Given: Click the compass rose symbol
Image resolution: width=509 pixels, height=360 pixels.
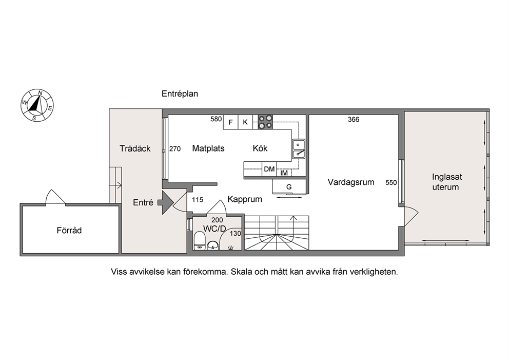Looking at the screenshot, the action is click(x=37, y=105).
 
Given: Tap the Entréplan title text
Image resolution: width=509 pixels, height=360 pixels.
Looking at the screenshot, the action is click(x=180, y=94).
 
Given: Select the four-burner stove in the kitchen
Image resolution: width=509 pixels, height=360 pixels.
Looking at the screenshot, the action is click(x=265, y=122).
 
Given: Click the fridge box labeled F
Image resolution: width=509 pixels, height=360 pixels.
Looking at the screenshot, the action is click(x=231, y=122).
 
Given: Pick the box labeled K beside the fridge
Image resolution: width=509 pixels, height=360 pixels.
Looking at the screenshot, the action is click(x=245, y=122).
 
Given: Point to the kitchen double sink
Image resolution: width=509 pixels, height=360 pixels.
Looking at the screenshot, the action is click(x=298, y=149).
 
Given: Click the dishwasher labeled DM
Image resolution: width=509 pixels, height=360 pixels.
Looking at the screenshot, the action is click(x=269, y=169).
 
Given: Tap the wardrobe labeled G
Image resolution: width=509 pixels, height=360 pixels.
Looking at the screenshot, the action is click(x=289, y=187).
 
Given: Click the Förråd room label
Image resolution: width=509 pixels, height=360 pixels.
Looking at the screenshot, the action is click(x=69, y=231).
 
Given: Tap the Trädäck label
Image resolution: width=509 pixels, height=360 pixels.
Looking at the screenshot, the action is click(x=135, y=148).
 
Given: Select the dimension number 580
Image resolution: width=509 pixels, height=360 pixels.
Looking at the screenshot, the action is click(x=216, y=119).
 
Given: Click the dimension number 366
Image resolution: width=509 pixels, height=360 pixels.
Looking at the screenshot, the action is click(x=354, y=120).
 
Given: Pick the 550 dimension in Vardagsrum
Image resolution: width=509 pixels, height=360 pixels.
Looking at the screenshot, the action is click(x=391, y=183).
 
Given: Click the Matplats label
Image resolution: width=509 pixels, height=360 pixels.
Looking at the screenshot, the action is click(x=208, y=148).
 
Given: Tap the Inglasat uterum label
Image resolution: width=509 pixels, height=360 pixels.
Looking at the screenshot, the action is click(x=447, y=182).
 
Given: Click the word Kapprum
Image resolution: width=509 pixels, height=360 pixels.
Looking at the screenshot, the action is click(x=245, y=199).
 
